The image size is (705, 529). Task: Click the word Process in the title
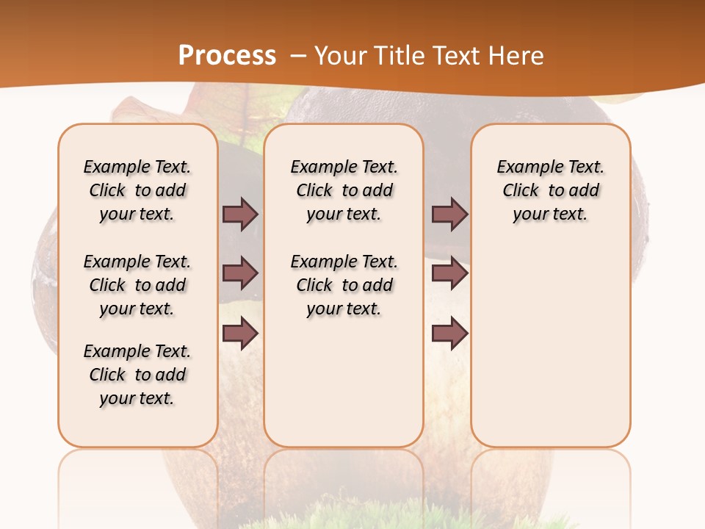click(x=227, y=55)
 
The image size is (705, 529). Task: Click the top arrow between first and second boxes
click(x=240, y=214)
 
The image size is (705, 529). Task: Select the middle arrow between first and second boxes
click(x=240, y=273)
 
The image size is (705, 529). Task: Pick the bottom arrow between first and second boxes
click(x=240, y=334)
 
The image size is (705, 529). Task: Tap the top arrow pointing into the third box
click(x=449, y=214)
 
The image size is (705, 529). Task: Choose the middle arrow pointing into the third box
click(x=449, y=273)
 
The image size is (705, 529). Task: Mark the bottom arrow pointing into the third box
click(x=449, y=334)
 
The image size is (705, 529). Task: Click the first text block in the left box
click(x=137, y=190)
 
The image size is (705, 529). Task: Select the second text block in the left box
click(x=137, y=285)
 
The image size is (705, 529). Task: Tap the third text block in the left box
click(x=137, y=375)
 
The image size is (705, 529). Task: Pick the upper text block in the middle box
click(x=344, y=190)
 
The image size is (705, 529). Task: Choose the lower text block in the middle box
click(x=344, y=285)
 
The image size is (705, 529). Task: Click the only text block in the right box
click(x=550, y=190)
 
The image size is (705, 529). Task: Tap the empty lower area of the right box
click(x=550, y=353)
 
